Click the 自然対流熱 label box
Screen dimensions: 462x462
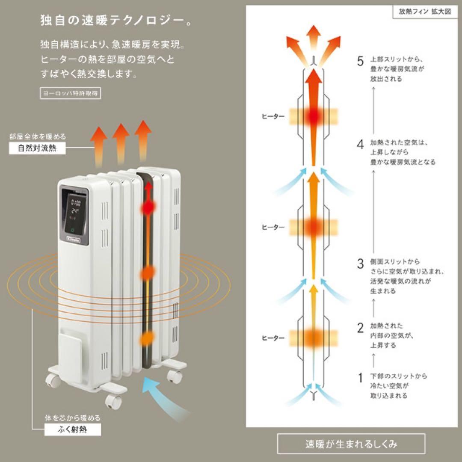37,149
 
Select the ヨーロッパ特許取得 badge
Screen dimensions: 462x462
71,94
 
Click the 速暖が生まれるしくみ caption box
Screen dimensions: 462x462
351,444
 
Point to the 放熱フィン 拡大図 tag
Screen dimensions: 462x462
422,12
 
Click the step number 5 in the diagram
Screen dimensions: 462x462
360,61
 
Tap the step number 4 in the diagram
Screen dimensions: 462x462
360,144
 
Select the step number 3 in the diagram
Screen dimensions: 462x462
360,264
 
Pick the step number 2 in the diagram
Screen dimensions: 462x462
360,328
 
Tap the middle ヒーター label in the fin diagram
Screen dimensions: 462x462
273,227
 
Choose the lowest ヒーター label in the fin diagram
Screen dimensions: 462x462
273,338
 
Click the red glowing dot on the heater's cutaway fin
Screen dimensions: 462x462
148,207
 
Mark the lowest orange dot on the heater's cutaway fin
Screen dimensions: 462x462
148,338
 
